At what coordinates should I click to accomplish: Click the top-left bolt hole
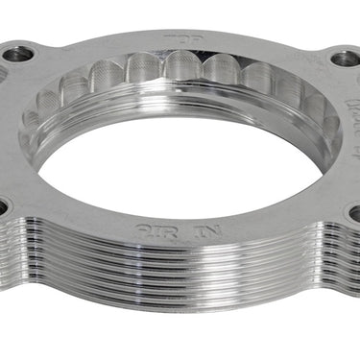(x=17, y=55)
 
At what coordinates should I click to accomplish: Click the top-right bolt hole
(x=344, y=59)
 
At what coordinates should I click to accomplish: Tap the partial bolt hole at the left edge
(x=3, y=204)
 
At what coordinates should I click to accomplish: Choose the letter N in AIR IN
(x=212, y=231)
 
